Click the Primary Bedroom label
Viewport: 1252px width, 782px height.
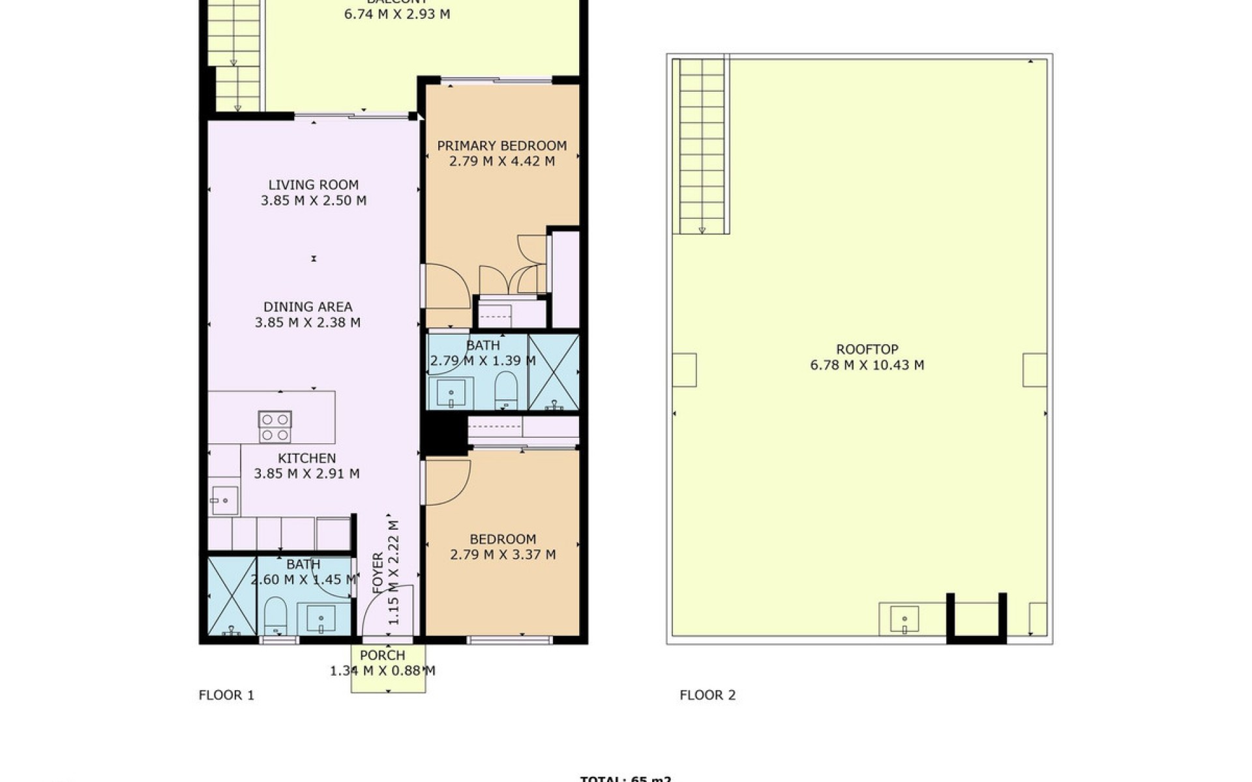[501, 145]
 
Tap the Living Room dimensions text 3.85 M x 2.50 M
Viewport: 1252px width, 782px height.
[314, 201]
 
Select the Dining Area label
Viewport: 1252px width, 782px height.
[308, 306]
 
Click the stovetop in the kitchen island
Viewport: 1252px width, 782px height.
[275, 427]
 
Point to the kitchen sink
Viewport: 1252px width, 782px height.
[224, 500]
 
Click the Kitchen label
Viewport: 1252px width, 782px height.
[306, 458]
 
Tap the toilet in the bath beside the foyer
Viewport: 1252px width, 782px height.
[275, 615]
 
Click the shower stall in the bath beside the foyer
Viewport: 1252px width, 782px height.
[232, 596]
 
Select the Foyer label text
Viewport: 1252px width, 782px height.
[378, 573]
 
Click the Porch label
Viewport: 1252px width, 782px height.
[383, 655]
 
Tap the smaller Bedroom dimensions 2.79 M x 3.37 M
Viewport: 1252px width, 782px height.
[503, 555]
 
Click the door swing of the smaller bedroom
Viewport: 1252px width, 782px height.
[447, 482]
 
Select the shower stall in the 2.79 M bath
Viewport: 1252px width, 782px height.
[554, 372]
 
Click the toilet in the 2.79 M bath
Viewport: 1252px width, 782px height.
[505, 390]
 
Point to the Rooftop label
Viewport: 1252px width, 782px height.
[867, 349]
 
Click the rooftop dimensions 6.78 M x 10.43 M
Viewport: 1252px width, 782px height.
[867, 365]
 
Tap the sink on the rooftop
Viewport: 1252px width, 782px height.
[904, 619]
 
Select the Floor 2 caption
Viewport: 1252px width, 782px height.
[708, 695]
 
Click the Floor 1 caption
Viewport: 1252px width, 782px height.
[226, 695]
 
